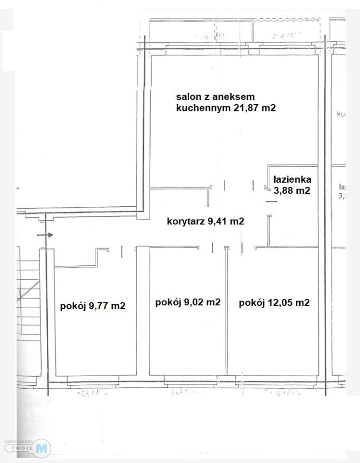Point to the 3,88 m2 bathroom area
(x=291, y=191)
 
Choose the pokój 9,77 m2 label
(x=93, y=305)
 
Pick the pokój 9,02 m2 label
(x=188, y=302)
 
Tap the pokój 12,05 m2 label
(x=274, y=303)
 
